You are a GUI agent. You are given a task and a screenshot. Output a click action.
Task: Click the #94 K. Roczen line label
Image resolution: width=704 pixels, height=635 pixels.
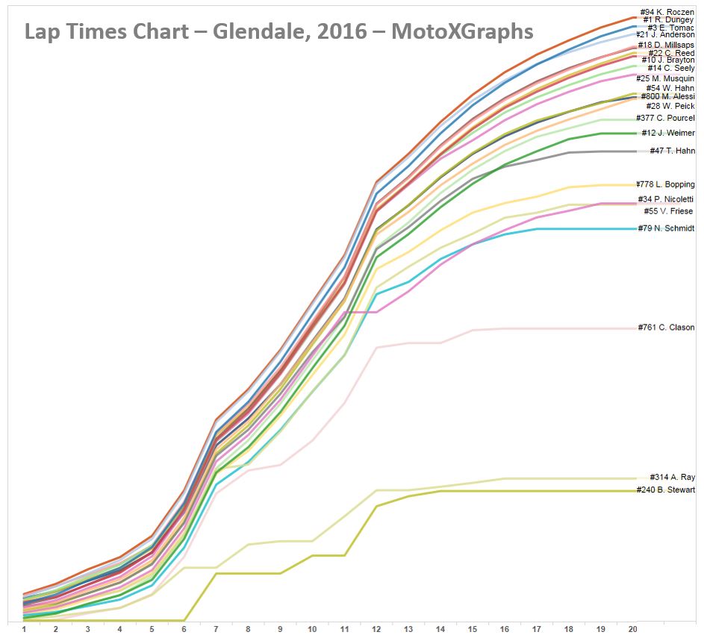coord(667,12)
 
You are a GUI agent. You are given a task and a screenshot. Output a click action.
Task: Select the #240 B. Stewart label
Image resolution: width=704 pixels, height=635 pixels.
coord(666,490)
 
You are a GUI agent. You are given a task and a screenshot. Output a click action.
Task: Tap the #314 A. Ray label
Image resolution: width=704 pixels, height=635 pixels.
coord(672,478)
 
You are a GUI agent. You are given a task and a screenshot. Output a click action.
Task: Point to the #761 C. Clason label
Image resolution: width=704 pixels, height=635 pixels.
coord(666,328)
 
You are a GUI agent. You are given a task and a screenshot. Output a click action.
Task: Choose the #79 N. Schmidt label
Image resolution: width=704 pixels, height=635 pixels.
coord(666,228)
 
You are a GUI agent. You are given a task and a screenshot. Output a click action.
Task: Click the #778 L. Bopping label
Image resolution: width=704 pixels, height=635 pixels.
coord(665,184)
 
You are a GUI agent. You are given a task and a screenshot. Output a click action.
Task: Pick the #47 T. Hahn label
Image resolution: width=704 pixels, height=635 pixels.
coord(672,151)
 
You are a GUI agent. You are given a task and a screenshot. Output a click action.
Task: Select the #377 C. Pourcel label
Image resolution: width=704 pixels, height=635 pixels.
coord(665,118)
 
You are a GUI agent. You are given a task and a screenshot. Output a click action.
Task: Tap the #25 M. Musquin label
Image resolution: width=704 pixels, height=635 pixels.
coord(665,78)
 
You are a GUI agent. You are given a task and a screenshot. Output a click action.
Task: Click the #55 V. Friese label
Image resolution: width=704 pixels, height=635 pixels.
coord(668,211)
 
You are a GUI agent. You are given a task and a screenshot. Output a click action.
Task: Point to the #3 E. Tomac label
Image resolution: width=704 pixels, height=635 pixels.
coord(671,28)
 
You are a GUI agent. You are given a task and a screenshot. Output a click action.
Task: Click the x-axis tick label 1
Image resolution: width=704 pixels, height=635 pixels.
coord(24,628)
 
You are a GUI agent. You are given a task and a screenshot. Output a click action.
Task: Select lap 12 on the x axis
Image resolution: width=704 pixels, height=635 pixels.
coord(376,628)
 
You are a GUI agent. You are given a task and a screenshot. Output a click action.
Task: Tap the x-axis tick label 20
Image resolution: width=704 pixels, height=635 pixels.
coord(632,628)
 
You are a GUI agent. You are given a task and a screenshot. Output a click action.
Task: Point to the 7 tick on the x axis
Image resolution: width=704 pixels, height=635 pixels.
coord(216,628)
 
